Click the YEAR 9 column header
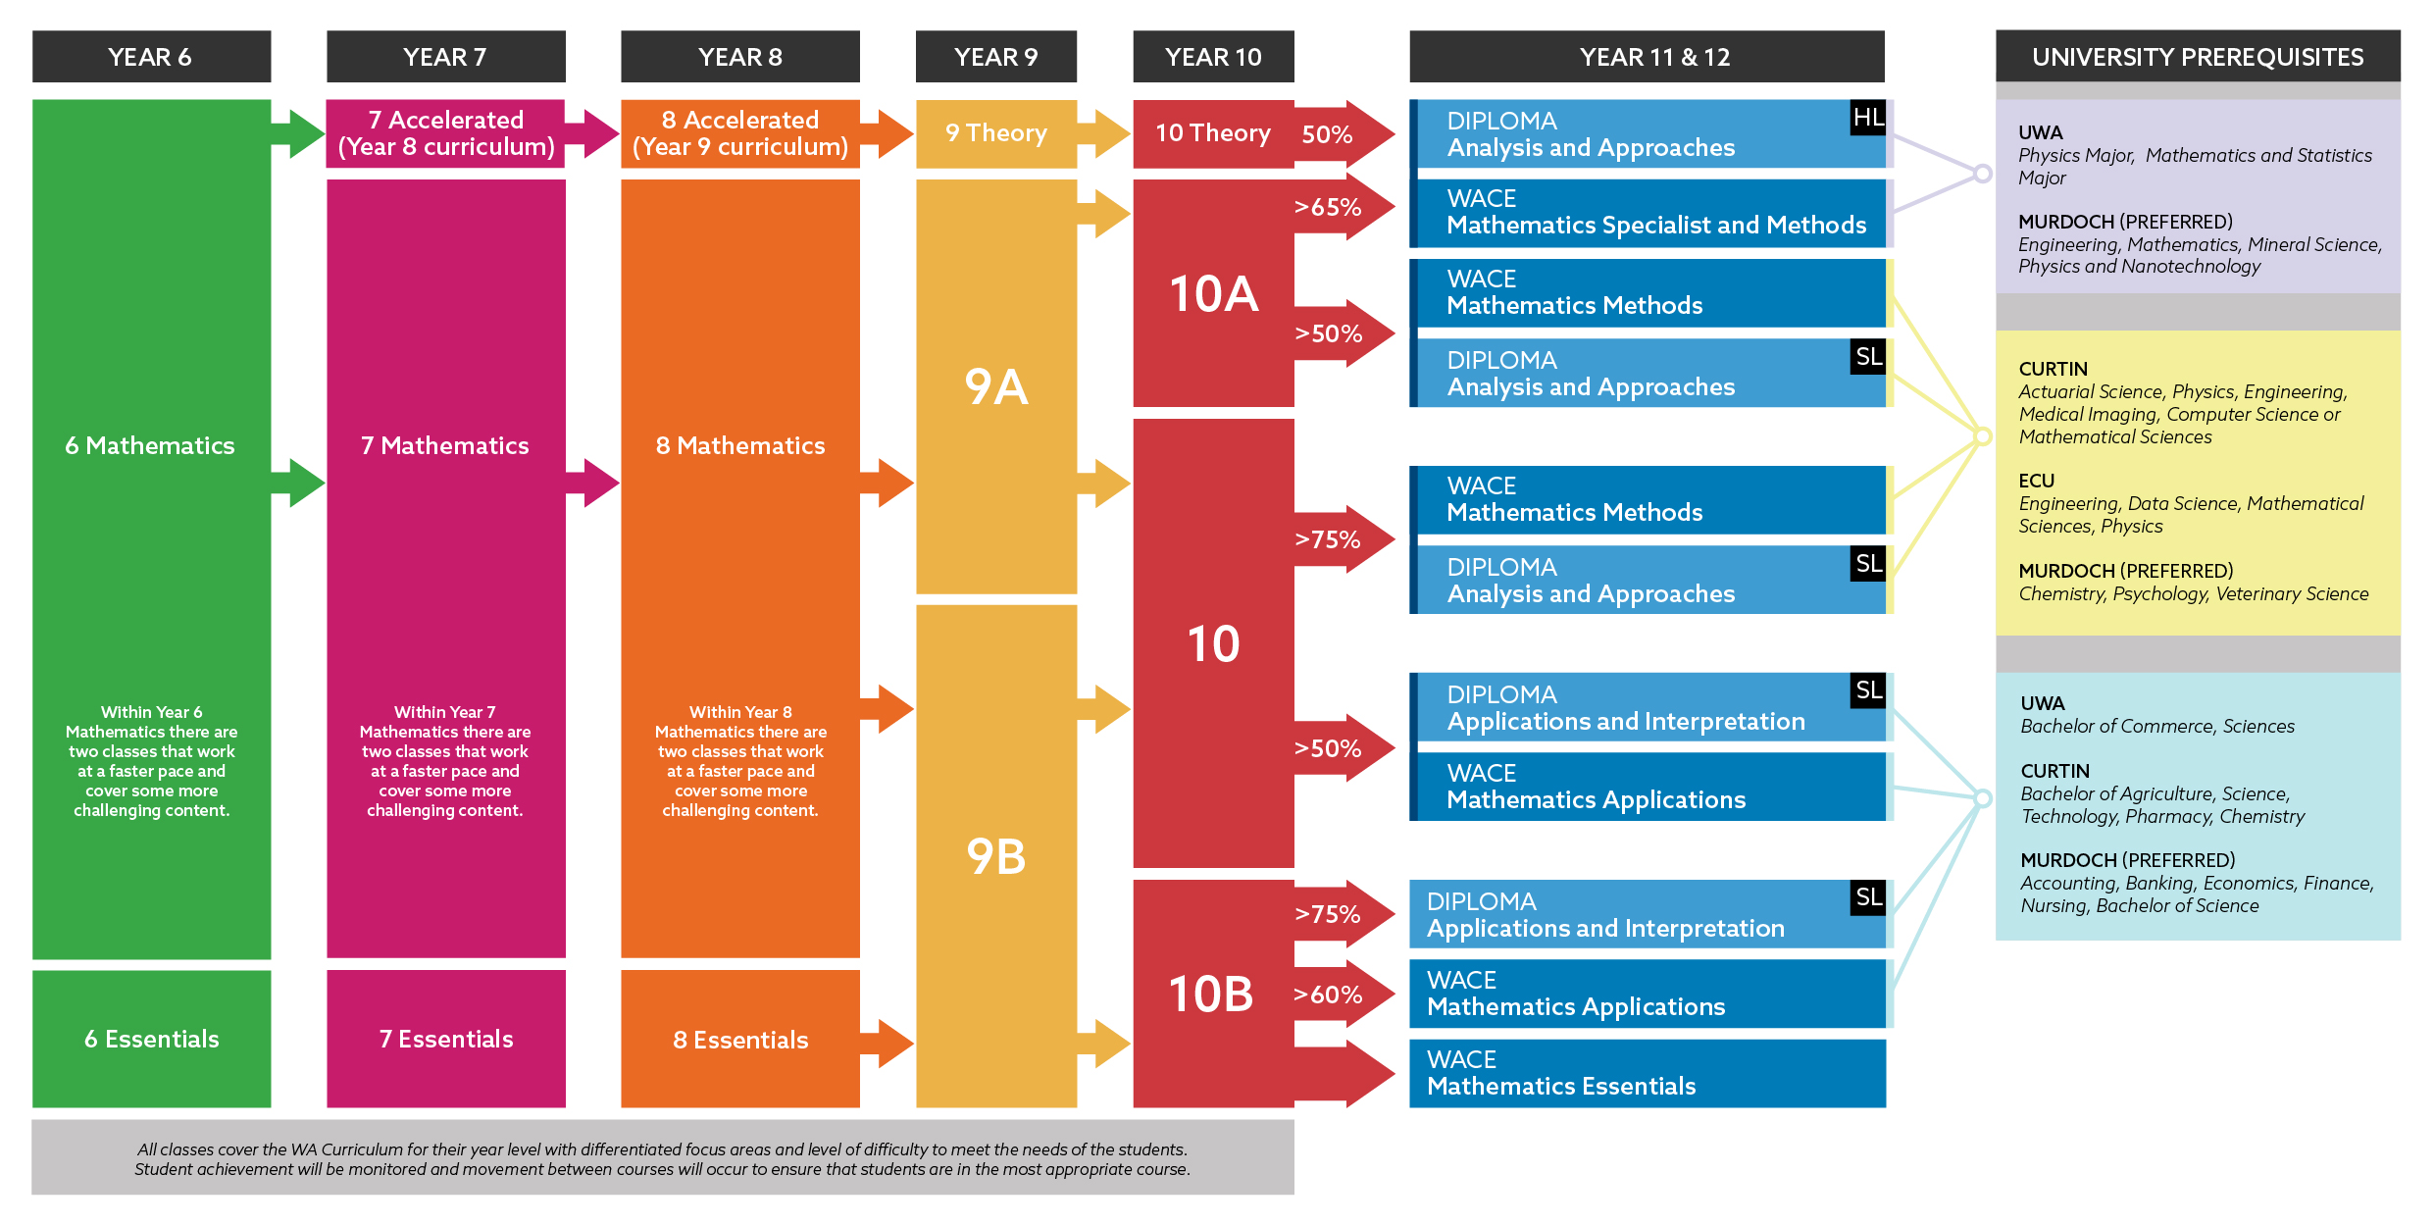(995, 57)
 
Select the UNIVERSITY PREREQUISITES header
(2197, 57)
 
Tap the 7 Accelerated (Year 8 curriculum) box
(445, 133)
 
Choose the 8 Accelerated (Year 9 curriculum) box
(739, 133)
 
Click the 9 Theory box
(995, 133)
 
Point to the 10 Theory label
(1212, 133)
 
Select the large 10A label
(1213, 294)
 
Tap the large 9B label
(995, 856)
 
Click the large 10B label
(1211, 994)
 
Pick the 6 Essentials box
(151, 1039)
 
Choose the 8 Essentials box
(739, 1040)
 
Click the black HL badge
(1867, 119)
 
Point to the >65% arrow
(1340, 207)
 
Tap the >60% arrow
(1340, 995)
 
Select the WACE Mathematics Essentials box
(1647, 1073)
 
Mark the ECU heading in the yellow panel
(2036, 481)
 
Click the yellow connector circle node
(1982, 436)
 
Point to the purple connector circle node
(1982, 174)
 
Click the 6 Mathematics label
(150, 445)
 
